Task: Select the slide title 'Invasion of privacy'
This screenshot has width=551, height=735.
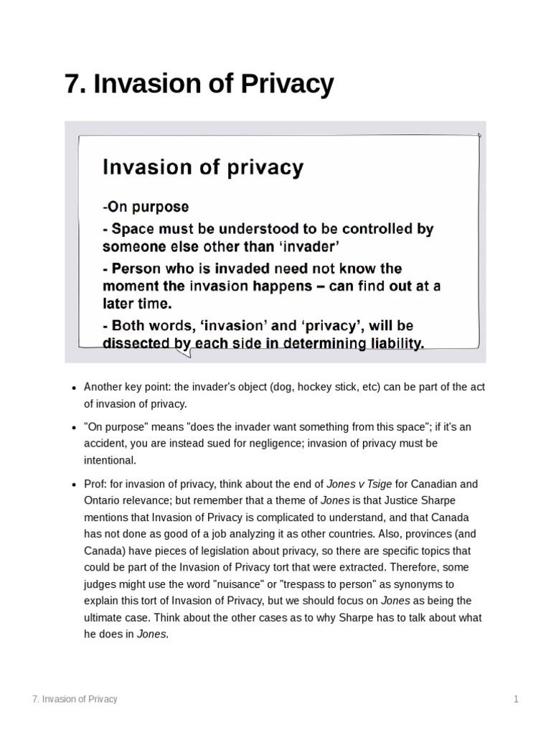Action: tap(203, 167)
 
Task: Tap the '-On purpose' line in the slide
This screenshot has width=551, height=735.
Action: tap(146, 207)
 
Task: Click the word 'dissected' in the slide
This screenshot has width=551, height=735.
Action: tap(138, 343)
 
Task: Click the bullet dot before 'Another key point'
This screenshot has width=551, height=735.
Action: tap(74, 388)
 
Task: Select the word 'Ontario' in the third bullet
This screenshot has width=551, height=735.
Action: tap(101, 501)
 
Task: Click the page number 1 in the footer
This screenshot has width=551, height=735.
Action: tap(516, 698)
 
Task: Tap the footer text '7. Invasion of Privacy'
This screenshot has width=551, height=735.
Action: tap(75, 698)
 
